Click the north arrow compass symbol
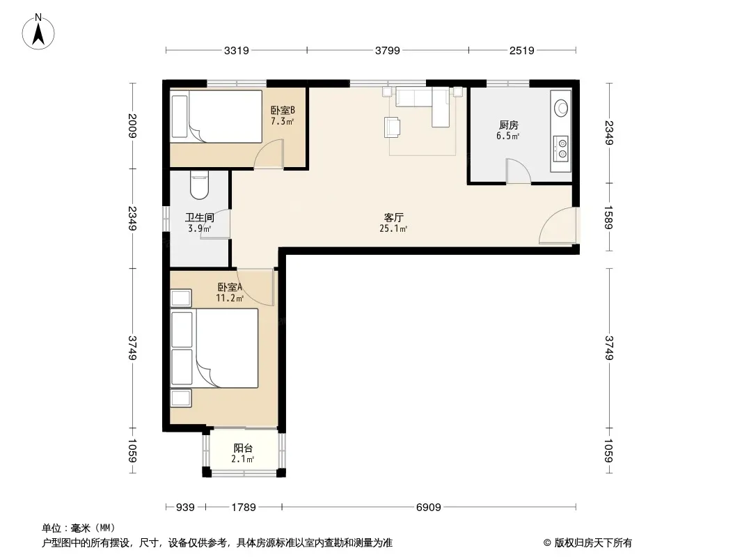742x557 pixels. click(x=38, y=32)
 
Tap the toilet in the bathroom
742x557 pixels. click(x=199, y=185)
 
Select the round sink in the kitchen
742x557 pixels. click(x=561, y=108)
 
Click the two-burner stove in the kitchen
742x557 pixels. click(x=562, y=148)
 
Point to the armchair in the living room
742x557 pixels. click(x=393, y=127)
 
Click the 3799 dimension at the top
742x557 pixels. click(x=388, y=50)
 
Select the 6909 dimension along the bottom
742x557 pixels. click(x=428, y=508)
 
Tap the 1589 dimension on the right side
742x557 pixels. click(x=608, y=217)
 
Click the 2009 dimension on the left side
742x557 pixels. click(x=132, y=125)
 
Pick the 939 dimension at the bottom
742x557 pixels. click(x=185, y=508)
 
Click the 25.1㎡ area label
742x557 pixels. click(x=393, y=229)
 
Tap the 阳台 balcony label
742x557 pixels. click(x=243, y=448)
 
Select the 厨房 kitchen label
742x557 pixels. click(x=508, y=125)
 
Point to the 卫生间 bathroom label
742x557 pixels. click(x=199, y=217)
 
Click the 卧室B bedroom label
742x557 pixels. click(x=283, y=110)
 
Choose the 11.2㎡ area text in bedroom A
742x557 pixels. click(x=230, y=298)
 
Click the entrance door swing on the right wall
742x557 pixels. click(x=558, y=226)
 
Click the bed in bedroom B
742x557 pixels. click(x=216, y=116)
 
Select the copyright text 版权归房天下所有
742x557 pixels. click(x=593, y=543)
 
